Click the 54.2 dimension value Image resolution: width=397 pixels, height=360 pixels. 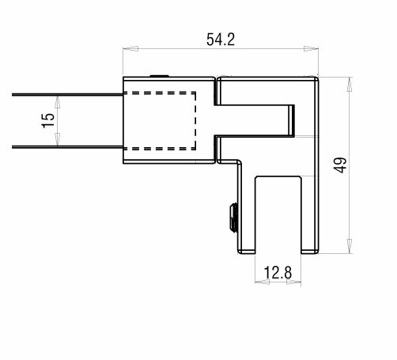[x=221, y=40]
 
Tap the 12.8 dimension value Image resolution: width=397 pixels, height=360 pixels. [x=278, y=272]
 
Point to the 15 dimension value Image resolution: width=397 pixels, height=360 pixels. [x=48, y=120]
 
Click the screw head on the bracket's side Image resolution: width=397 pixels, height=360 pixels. [x=233, y=218]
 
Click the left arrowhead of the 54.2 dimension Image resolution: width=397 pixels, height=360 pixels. [x=130, y=49]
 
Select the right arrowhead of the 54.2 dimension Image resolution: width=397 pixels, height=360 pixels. [x=311, y=49]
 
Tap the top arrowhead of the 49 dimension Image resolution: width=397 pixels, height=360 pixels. [x=350, y=85]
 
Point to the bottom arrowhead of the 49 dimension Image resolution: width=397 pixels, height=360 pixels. [x=350, y=246]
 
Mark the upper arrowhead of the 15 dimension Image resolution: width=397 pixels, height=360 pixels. [x=58, y=101]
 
